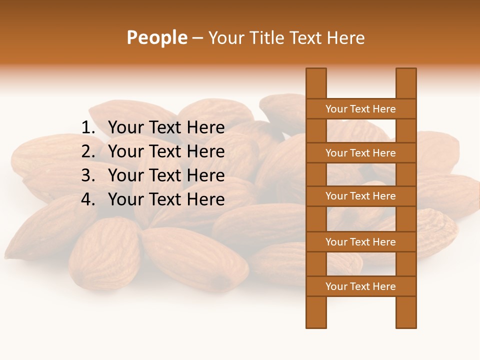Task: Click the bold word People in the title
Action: click(156, 38)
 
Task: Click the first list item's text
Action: click(166, 128)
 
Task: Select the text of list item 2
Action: click(166, 151)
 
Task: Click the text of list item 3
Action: click(166, 175)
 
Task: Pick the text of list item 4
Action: click(166, 199)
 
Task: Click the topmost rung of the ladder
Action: click(360, 109)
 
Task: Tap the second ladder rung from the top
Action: click(360, 153)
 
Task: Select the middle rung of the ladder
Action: click(360, 196)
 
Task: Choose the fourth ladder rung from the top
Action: click(360, 242)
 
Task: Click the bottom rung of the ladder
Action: click(360, 286)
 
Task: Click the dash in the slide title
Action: click(197, 38)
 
